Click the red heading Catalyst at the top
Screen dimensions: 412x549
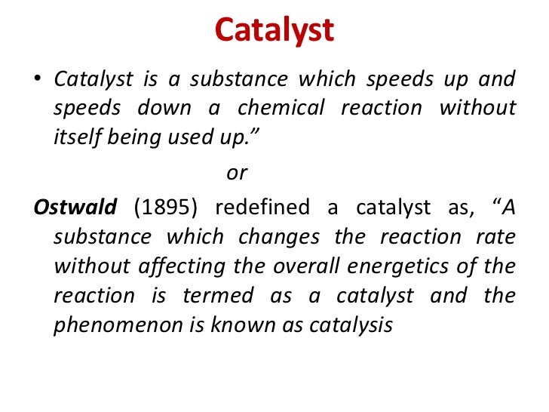(x=274, y=31)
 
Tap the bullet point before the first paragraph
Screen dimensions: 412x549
(x=38, y=79)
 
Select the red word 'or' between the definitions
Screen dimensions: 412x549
(x=237, y=173)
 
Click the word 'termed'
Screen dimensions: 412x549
(x=222, y=296)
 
